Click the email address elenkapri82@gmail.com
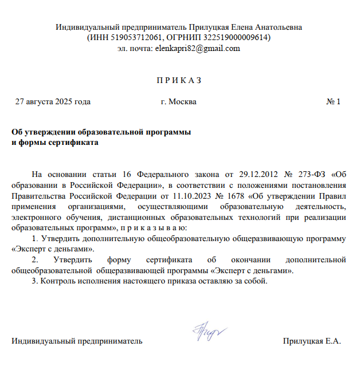(x=197, y=49)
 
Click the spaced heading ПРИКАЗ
(x=179, y=80)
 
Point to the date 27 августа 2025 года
(x=53, y=102)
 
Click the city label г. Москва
(x=179, y=102)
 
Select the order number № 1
(x=333, y=102)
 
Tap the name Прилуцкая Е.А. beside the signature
(x=312, y=342)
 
